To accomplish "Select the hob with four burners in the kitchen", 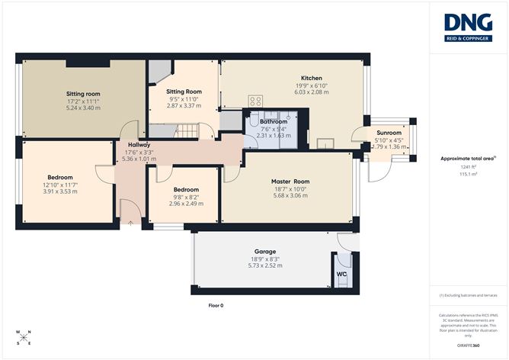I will click(x=255, y=101).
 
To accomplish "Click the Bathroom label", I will click(x=273, y=121).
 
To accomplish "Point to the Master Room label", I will click(x=290, y=182).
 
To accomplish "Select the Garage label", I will click(x=264, y=251).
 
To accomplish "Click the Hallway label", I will click(x=139, y=145).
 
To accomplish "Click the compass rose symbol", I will click(x=23, y=337).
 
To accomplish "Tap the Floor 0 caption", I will click(x=216, y=305).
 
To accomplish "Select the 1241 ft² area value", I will click(x=468, y=167).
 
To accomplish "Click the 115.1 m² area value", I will click(x=468, y=174).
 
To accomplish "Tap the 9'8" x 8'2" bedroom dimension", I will click(x=185, y=197).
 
